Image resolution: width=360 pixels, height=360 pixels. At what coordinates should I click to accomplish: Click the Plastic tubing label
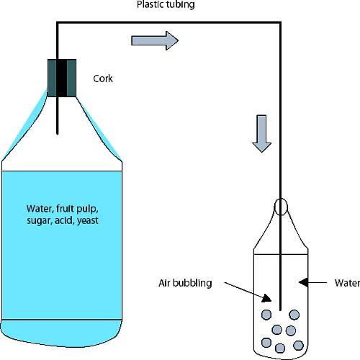click(166, 5)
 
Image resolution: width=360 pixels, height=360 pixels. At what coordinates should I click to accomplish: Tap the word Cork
click(103, 78)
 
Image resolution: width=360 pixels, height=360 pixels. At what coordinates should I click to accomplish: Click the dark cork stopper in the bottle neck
click(62, 78)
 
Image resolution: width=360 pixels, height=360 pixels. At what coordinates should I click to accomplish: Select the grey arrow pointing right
click(155, 40)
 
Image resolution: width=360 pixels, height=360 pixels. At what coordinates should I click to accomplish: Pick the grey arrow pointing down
click(261, 134)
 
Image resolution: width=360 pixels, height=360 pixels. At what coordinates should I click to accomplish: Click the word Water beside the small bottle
click(347, 283)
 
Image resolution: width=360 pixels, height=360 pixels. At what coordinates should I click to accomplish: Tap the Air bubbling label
click(185, 283)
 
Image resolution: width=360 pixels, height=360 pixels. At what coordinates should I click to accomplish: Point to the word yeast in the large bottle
click(88, 220)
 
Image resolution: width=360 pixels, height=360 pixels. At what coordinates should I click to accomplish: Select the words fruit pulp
click(77, 209)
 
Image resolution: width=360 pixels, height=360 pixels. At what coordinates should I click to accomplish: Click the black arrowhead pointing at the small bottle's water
click(303, 282)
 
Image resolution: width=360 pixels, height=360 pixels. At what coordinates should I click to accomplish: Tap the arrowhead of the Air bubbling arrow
click(267, 298)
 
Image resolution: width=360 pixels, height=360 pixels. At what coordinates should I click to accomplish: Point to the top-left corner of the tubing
click(58, 22)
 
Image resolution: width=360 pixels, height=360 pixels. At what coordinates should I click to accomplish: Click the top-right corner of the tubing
click(280, 22)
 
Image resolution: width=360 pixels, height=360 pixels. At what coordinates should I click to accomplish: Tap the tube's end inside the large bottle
click(58, 134)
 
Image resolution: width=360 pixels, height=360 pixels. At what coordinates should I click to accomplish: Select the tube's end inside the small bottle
click(280, 310)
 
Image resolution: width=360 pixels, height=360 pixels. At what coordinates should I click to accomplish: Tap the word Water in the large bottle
click(40, 209)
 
